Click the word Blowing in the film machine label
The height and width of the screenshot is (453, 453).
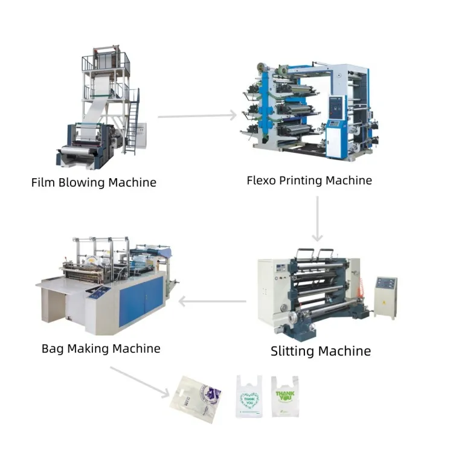tap(82, 183)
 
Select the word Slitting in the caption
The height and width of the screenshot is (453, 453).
tap(292, 352)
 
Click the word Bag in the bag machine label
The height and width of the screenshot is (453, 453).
tap(53, 349)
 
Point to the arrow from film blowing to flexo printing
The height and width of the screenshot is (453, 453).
tap(198, 116)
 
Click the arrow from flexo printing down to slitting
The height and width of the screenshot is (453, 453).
tap(317, 219)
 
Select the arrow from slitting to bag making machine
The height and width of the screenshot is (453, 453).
tap(213, 301)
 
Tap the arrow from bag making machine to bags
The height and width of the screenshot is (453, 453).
tap(140, 382)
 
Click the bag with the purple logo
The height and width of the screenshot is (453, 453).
tap(196, 400)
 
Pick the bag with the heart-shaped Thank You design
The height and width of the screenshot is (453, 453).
tap(249, 396)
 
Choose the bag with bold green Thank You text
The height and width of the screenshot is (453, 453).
tap(285, 396)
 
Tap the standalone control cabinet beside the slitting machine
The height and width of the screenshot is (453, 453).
tap(386, 297)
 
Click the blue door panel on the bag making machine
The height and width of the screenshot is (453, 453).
tap(141, 301)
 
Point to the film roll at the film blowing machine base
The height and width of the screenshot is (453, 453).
tap(74, 150)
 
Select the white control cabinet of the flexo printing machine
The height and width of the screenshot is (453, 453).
tap(336, 127)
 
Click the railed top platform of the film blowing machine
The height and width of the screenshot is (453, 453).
tap(106, 61)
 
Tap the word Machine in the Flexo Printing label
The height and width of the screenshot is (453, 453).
tap(349, 180)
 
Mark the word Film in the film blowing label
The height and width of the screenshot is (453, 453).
tap(43, 183)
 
